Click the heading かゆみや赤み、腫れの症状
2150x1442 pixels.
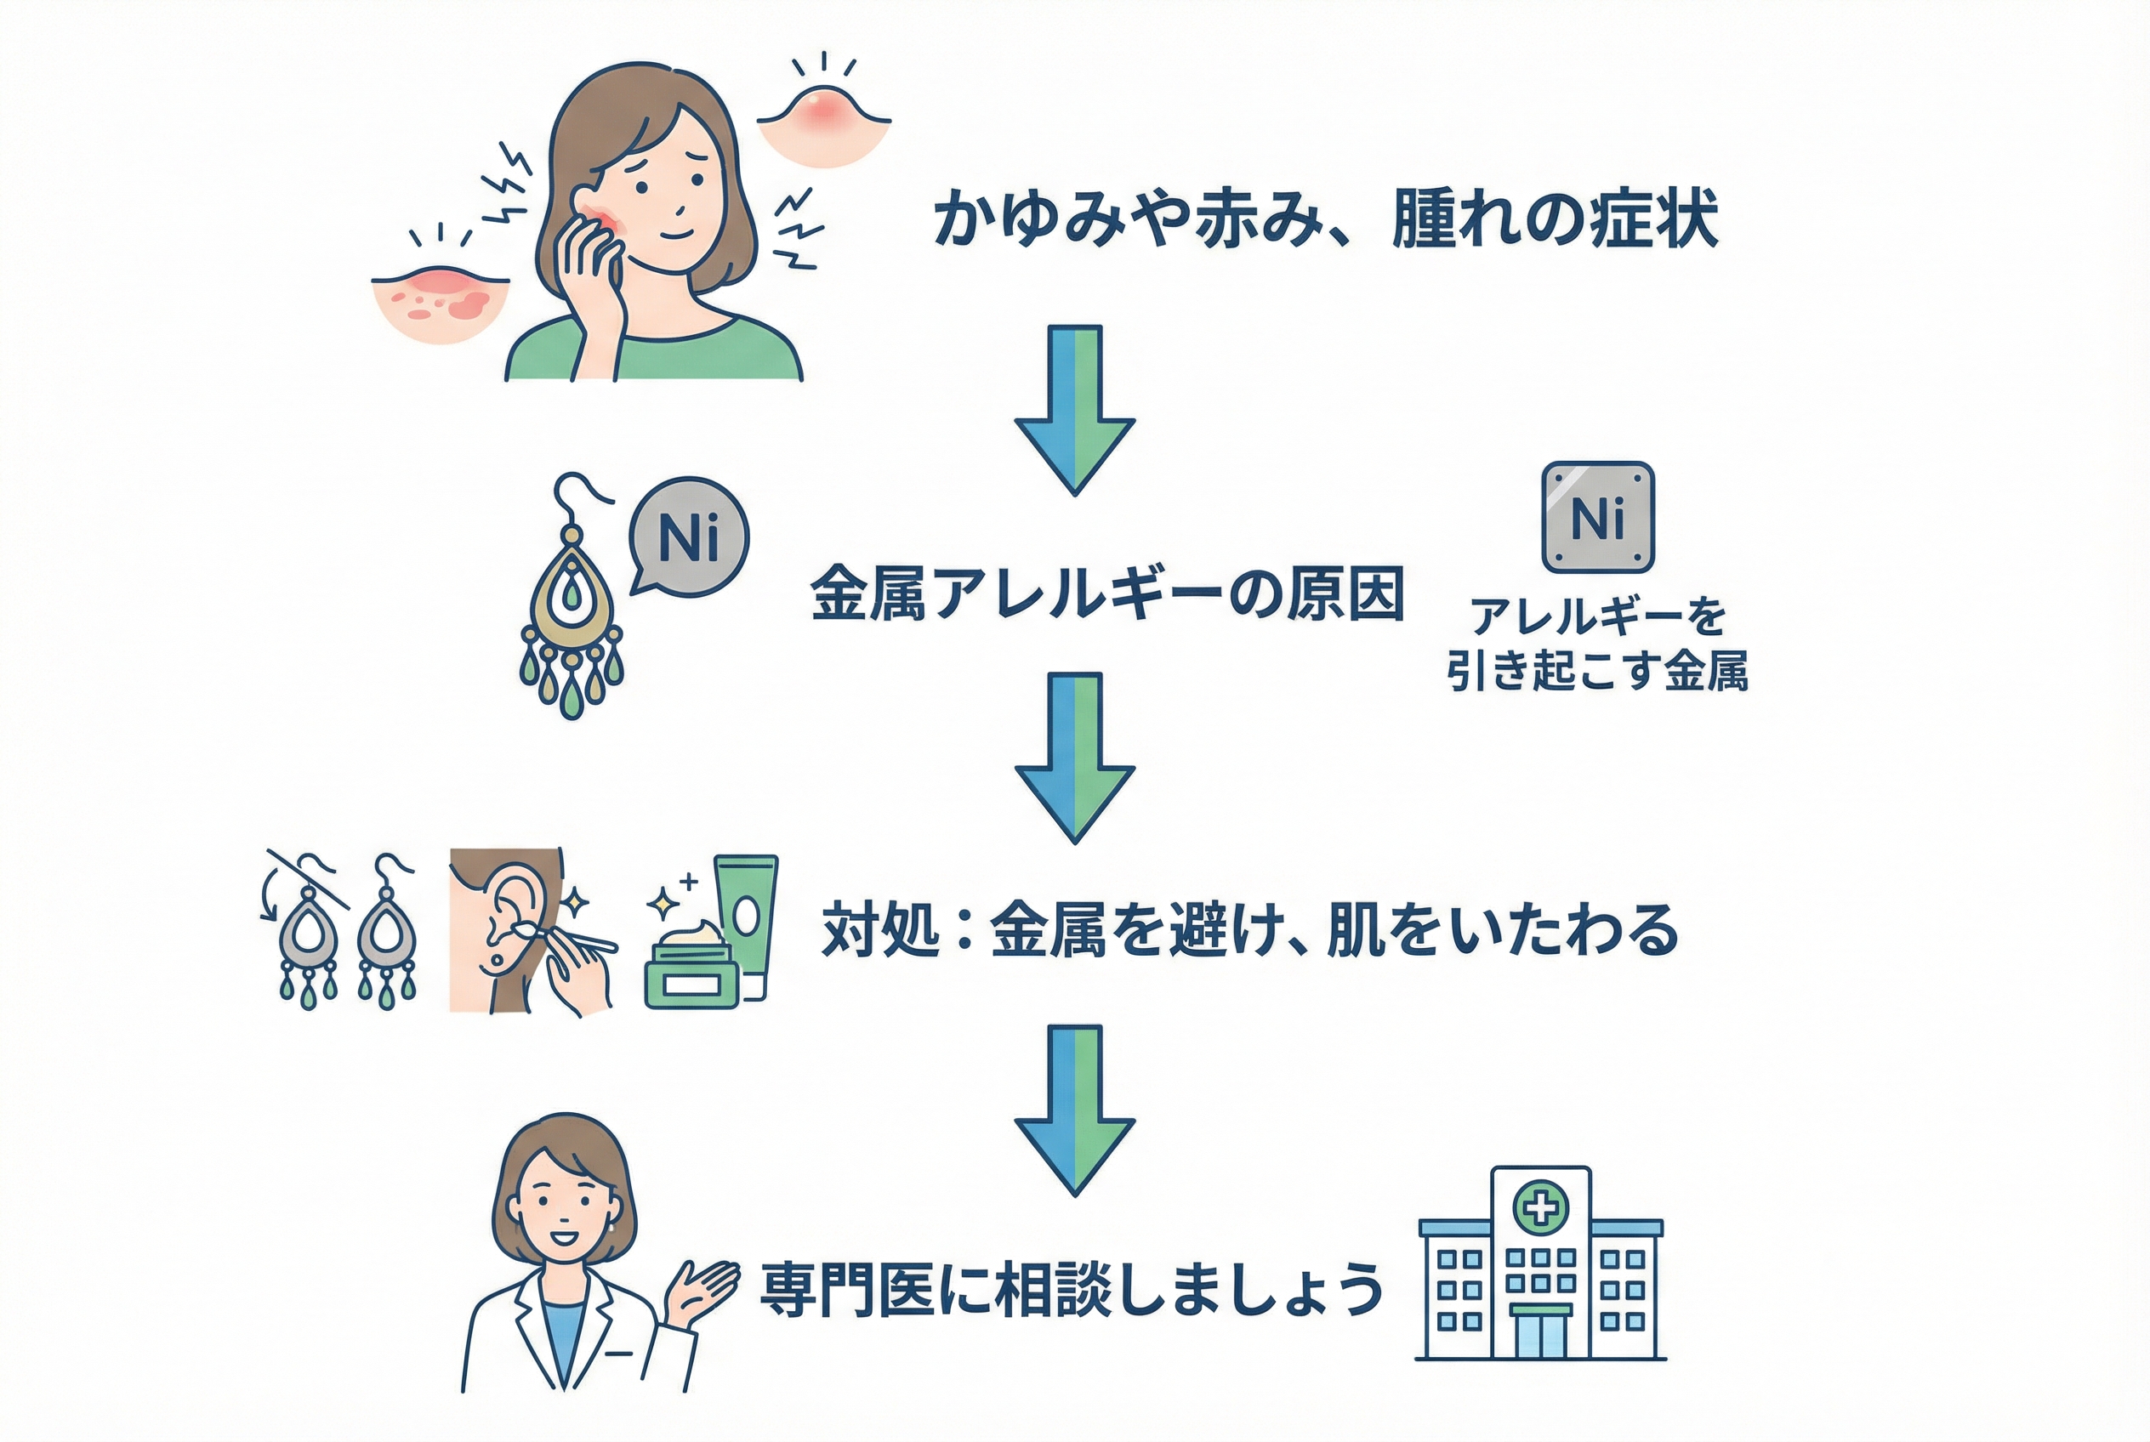coord(1325,219)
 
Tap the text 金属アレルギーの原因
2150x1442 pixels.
coord(1106,593)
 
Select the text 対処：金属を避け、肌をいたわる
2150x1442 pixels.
coord(1249,930)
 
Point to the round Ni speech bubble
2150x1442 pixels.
coord(689,536)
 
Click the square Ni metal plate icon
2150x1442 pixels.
coord(1598,517)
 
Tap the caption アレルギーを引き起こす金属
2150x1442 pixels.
coord(1597,643)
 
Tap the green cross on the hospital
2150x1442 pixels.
coord(1541,1206)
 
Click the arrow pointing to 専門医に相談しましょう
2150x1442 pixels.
coord(1074,1108)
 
